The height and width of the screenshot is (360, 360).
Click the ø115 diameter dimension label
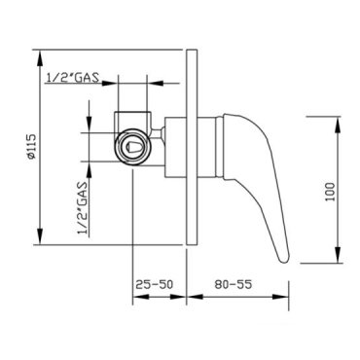click(32, 147)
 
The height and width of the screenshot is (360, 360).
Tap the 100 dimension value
click(330, 192)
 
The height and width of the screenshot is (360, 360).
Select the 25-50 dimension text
click(155, 284)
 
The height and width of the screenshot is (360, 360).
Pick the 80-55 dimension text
click(233, 284)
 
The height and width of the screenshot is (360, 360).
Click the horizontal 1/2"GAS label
click(73, 78)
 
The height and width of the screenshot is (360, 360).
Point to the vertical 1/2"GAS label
click(83, 208)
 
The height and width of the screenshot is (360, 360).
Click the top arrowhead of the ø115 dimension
click(40, 58)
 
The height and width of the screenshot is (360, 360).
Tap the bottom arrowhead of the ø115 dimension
click(40, 236)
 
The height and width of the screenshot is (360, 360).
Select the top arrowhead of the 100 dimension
click(338, 125)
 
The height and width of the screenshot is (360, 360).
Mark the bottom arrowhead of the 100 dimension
click(338, 255)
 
